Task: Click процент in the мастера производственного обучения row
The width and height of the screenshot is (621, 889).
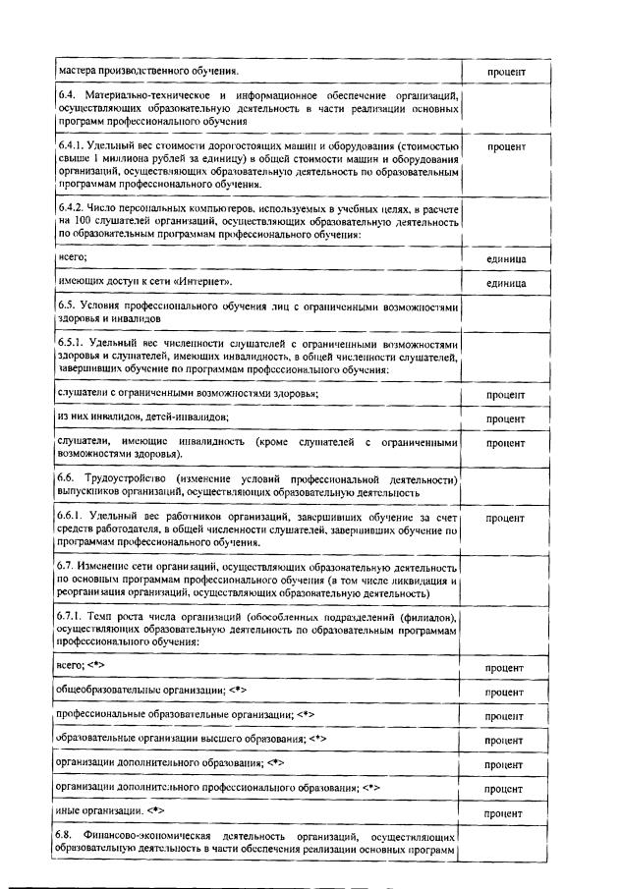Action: coord(506,73)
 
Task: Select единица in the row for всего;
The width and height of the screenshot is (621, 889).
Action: coord(506,258)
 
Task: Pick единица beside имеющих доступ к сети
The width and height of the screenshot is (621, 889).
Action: coord(506,283)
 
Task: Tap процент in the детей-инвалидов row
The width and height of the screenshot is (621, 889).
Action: coord(506,418)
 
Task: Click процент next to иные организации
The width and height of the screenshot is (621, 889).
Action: coord(506,813)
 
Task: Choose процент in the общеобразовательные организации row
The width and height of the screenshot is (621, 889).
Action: coord(506,692)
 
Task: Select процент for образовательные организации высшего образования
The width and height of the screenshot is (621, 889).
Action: coord(506,740)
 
